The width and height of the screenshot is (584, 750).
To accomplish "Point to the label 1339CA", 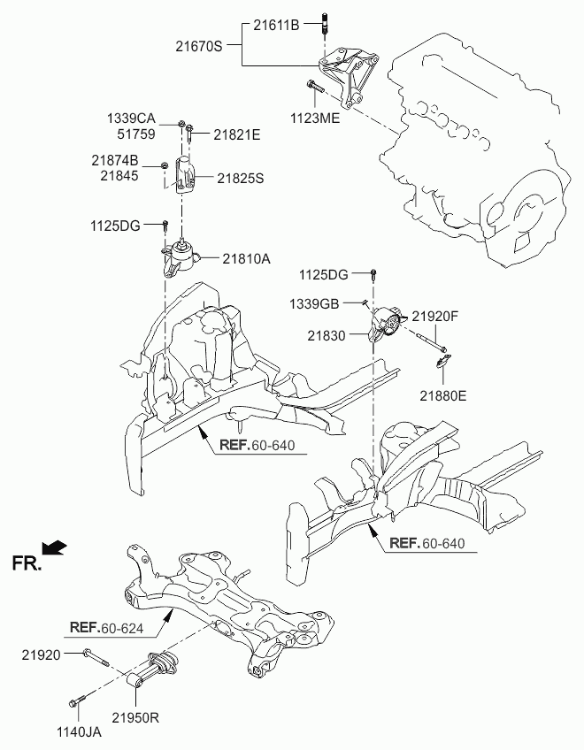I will (x=132, y=118).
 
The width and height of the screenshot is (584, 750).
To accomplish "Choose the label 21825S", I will (x=240, y=178).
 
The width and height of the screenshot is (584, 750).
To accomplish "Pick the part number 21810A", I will (x=246, y=259).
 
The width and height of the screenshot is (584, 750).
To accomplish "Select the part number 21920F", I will (x=434, y=316).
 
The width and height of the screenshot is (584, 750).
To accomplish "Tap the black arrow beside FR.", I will (x=55, y=547).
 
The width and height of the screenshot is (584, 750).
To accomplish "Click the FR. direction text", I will (x=26, y=563).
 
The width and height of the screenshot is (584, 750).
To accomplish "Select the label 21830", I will (x=328, y=336).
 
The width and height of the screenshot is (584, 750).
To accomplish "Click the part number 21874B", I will (x=114, y=161).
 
